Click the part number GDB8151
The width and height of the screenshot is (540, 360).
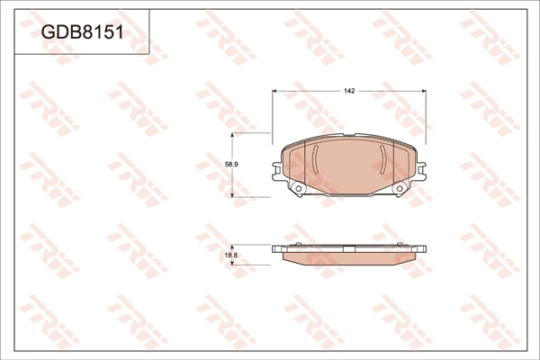[x=82, y=32]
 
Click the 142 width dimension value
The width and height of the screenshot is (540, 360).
[x=349, y=91]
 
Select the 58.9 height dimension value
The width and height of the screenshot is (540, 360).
[x=232, y=165]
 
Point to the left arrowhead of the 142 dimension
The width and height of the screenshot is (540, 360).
[x=274, y=91]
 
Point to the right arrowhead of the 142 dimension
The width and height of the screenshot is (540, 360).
[x=424, y=91]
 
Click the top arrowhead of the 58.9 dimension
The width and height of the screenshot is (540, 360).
[x=232, y=135]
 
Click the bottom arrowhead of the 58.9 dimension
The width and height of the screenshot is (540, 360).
[x=232, y=194]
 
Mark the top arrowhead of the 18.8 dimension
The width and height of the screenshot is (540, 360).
[x=232, y=247]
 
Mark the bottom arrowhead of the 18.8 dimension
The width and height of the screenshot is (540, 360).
[x=232, y=263]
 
